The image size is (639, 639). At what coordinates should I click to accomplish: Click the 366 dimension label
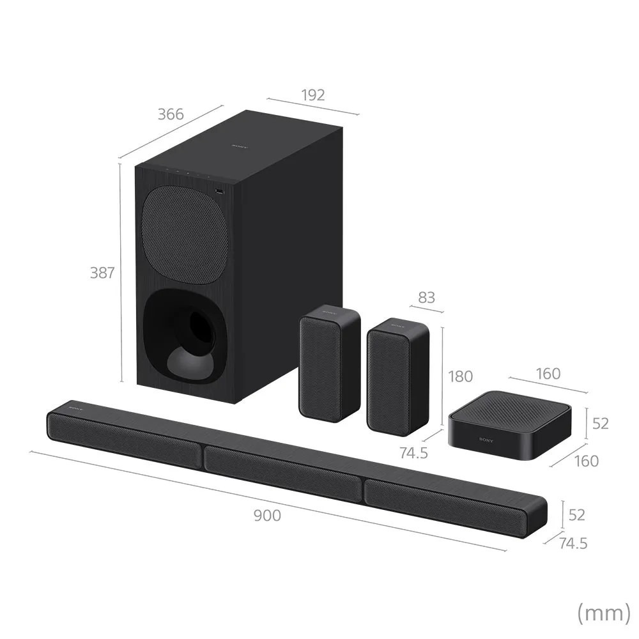[x=171, y=115]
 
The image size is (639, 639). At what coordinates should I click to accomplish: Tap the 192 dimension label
[x=312, y=95]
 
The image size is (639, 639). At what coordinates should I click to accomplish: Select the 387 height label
[x=102, y=273]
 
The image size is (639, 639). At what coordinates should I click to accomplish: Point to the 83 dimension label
[x=426, y=297]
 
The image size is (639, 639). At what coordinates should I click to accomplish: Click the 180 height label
[x=460, y=376]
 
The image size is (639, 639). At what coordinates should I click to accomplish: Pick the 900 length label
[x=267, y=516]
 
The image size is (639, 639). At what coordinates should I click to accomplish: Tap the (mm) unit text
[x=603, y=613]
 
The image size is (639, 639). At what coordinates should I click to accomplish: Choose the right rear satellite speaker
[x=397, y=377]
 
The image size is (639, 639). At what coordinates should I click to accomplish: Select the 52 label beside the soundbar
[x=576, y=514]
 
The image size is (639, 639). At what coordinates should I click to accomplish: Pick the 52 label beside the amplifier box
[x=601, y=423]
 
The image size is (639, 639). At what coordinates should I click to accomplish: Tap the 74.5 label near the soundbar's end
[x=573, y=543]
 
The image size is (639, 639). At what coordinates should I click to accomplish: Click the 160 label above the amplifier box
[x=548, y=373]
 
